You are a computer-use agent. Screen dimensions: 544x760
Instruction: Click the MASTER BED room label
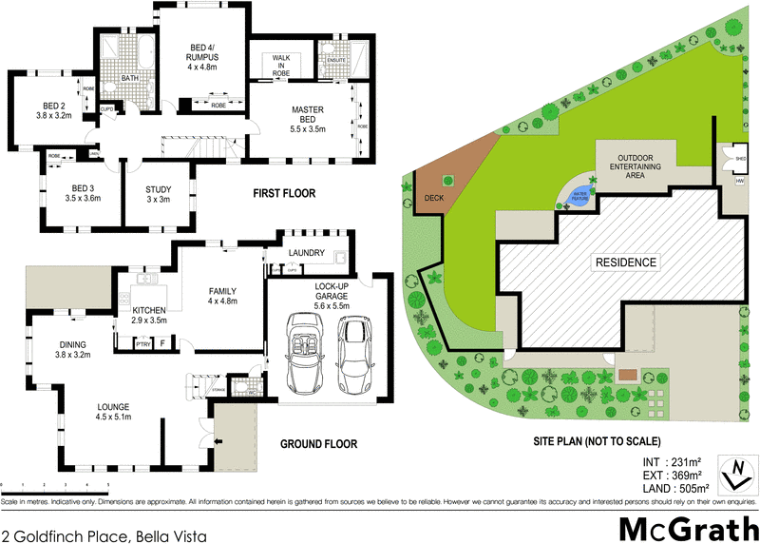(308, 115)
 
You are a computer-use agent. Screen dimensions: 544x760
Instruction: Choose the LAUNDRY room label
(309, 254)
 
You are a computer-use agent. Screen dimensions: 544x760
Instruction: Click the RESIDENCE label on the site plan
(626, 262)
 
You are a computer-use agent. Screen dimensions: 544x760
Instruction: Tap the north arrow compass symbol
(733, 473)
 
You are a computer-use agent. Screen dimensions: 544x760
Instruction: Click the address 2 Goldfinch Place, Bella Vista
(104, 535)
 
